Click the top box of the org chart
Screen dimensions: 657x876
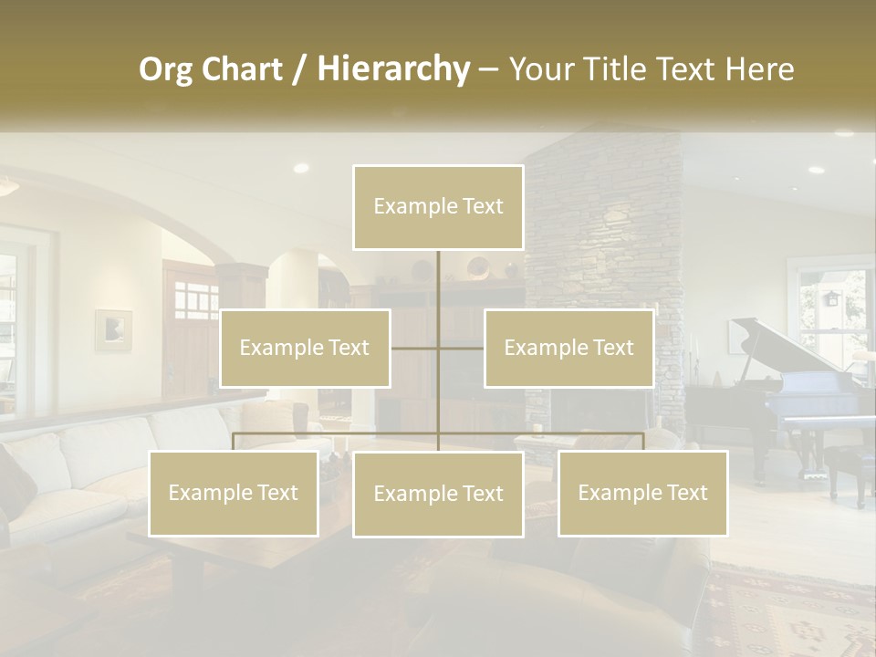(438, 207)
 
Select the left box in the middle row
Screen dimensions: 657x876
(305, 348)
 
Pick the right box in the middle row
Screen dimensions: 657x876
(568, 348)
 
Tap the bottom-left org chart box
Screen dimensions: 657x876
(234, 493)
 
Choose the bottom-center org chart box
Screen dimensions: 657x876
(438, 494)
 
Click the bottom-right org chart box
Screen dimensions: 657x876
(642, 493)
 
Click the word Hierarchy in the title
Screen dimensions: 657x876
(393, 68)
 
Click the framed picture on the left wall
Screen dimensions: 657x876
(113, 329)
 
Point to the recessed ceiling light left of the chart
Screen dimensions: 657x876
(300, 168)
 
